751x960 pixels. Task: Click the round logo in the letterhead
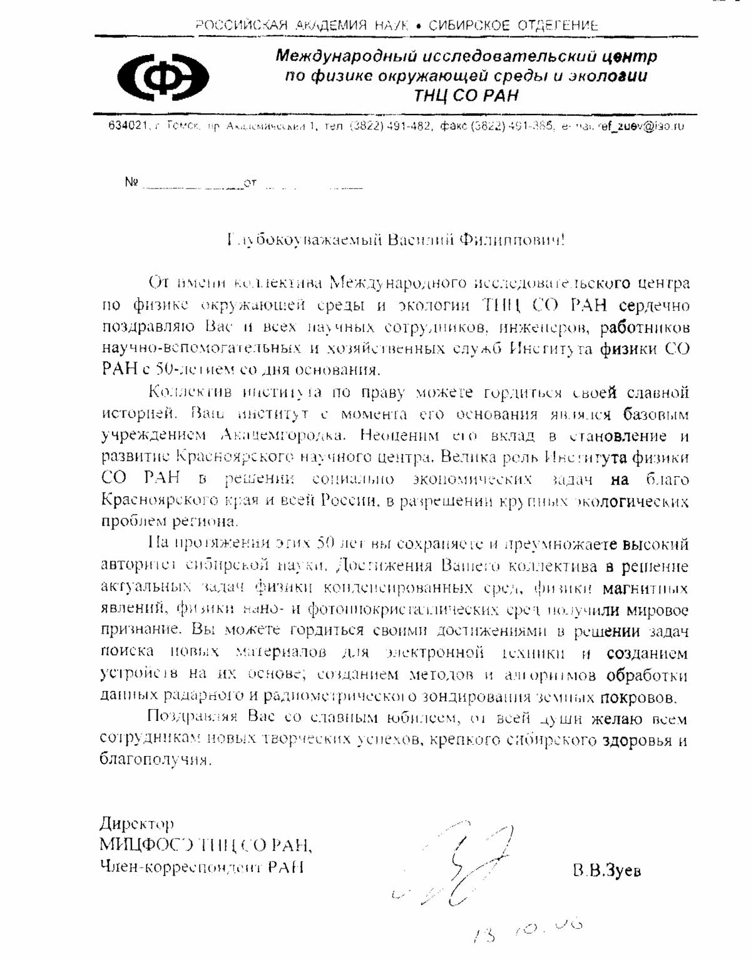click(163, 77)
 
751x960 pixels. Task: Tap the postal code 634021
click(127, 126)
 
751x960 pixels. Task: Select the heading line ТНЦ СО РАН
click(466, 96)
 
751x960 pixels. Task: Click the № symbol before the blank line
click(131, 182)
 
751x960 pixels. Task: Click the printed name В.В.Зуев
click(606, 870)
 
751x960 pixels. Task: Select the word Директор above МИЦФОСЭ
click(136, 824)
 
